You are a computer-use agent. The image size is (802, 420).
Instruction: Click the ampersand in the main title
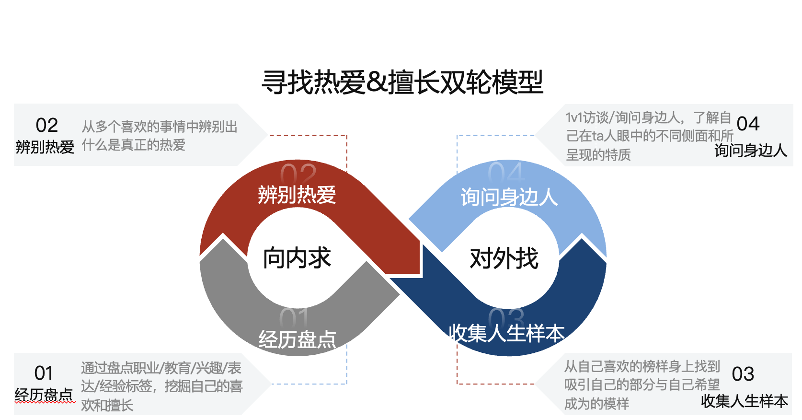coord(377,82)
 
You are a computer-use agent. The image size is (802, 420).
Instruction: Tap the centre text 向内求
coord(297,258)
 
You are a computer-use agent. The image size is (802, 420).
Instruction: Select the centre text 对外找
coord(504,258)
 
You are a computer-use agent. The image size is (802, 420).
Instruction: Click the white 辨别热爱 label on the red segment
coord(297,195)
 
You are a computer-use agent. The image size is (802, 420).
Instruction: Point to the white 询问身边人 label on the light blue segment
coord(509,197)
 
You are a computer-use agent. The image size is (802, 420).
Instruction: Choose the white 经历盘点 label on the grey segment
coord(297,340)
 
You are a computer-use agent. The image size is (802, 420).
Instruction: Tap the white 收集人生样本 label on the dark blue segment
coord(506,333)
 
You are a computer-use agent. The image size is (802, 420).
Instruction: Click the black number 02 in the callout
coord(47,126)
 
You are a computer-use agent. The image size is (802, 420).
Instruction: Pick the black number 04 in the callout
coord(748,124)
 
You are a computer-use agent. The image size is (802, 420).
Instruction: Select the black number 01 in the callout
coord(44,373)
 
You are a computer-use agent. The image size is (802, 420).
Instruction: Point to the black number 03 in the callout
coord(743,374)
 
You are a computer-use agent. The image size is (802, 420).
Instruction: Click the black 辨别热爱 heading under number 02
coord(45,147)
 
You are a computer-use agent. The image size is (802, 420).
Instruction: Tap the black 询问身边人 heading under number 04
coord(751,151)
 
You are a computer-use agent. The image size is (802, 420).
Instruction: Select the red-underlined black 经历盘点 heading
coord(44,395)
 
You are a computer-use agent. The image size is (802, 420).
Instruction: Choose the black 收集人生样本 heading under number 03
coord(745,401)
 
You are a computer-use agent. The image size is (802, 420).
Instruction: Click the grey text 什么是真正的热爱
coord(134,145)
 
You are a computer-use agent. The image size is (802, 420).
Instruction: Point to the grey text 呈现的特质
coord(598,155)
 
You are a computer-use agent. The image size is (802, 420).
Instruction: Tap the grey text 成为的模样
coord(596,404)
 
